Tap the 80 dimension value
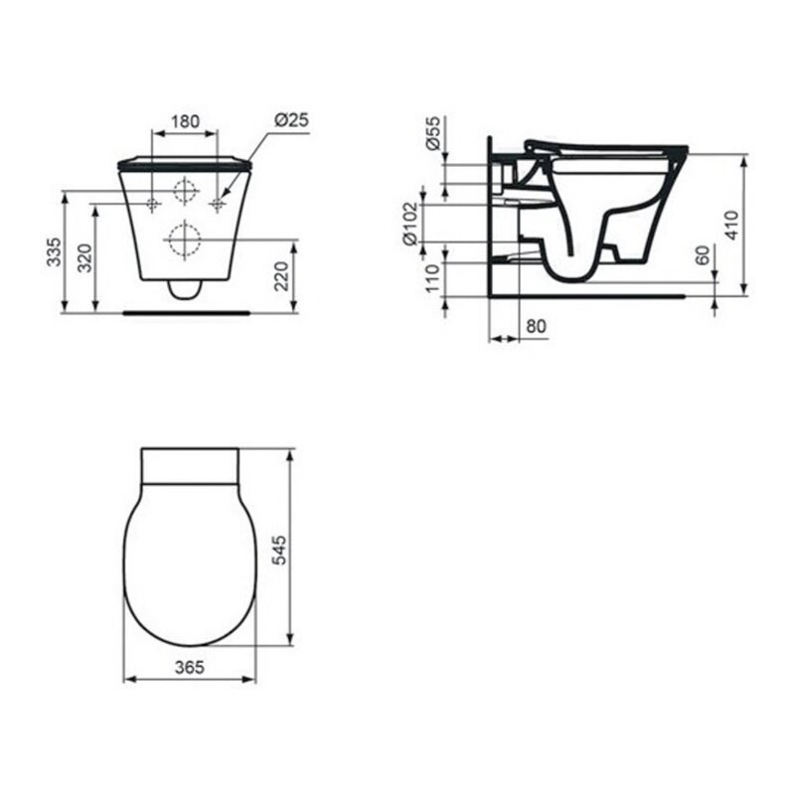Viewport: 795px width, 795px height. (536, 325)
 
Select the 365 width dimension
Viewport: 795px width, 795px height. (189, 667)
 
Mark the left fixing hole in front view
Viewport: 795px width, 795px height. (152, 204)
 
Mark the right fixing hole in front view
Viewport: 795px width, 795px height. (218, 204)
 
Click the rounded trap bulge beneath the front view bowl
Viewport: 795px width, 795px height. (184, 289)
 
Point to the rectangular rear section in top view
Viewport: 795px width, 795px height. (190, 465)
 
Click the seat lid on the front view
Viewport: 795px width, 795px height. (184, 161)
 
